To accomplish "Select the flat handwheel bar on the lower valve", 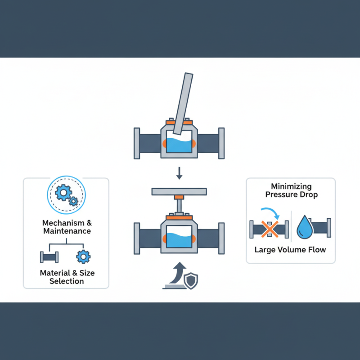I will tap(179, 192).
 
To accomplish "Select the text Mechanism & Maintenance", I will tap(66, 227).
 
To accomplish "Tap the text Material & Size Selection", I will tap(67, 277).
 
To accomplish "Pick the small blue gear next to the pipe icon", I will tap(83, 256).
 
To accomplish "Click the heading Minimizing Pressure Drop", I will tap(291, 190).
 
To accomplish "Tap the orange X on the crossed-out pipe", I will tap(269, 228).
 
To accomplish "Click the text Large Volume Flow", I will tap(290, 249).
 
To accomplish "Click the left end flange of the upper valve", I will tap(137, 143).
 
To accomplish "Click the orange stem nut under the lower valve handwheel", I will tap(179, 197).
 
